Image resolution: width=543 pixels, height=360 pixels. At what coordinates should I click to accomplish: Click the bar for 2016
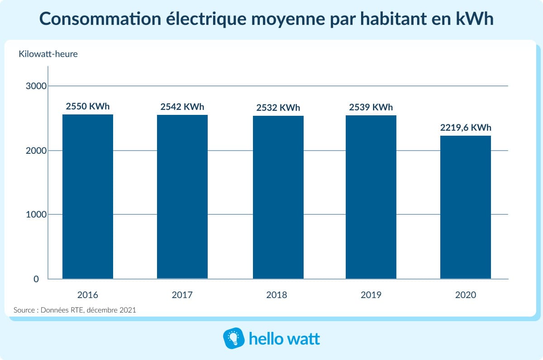coord(88,197)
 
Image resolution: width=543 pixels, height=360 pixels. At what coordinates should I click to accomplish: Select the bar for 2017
coord(182,197)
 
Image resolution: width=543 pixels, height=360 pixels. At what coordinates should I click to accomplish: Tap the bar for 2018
coord(278,197)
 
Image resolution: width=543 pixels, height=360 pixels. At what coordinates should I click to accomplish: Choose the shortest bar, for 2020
coord(466,207)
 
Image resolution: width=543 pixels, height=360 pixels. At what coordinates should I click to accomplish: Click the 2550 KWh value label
coord(88,107)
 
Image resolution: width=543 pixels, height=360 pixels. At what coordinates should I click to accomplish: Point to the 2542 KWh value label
coord(182,107)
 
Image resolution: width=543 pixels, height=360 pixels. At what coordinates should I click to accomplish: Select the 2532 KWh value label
coord(278,108)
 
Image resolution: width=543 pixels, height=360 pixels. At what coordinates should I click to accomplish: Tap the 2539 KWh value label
coord(371,108)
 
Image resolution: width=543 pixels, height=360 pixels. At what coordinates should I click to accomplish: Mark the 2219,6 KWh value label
coord(466,128)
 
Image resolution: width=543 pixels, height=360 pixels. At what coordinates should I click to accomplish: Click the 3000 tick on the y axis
coord(32,86)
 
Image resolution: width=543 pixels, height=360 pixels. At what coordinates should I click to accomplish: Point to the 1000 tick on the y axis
coord(32,214)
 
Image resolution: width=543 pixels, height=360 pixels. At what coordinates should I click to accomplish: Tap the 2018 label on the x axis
coord(276,295)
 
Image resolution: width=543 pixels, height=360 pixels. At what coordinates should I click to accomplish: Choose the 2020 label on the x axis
coord(466,295)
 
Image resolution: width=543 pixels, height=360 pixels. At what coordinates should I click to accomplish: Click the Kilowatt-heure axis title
coord(48,54)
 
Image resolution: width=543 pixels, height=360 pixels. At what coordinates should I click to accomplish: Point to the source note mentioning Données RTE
coord(75,310)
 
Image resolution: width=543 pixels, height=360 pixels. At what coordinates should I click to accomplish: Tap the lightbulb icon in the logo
coord(233,339)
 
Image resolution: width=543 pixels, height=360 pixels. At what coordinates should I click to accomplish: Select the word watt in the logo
coord(302,339)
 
